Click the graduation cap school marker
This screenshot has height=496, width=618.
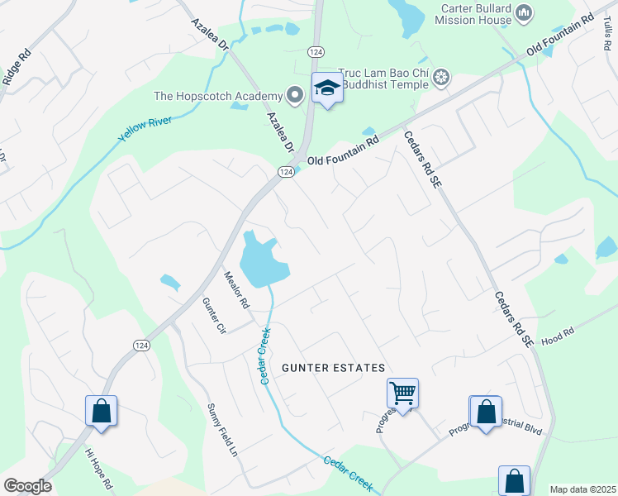coord(327,88)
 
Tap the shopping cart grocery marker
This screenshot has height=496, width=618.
coord(402,393)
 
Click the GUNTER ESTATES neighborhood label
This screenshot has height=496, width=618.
coord(334,367)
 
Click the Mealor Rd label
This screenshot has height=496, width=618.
coord(236,289)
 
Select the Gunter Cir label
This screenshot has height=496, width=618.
coord(214,315)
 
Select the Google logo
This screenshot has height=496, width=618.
coord(27,486)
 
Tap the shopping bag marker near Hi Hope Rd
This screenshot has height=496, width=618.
coord(101,410)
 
